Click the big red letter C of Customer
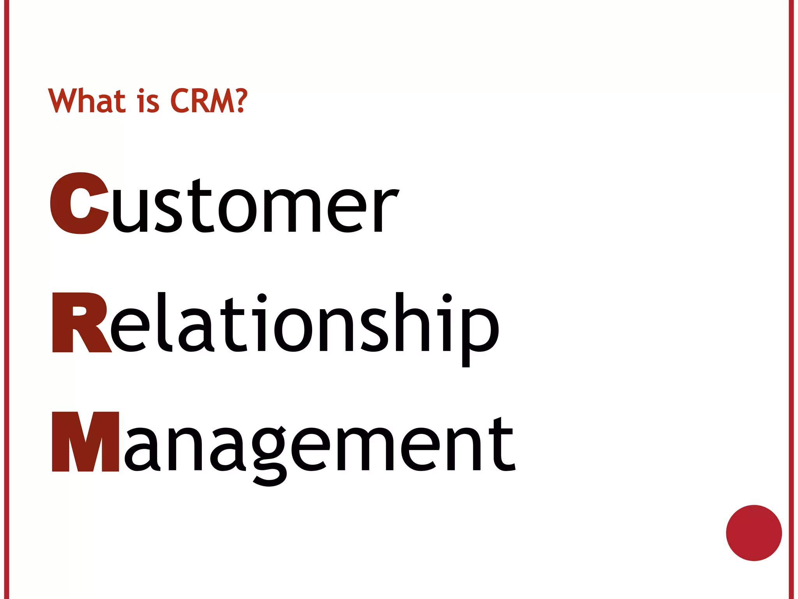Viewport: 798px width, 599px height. tap(79, 203)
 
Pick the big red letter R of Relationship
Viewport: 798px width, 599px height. tap(81, 322)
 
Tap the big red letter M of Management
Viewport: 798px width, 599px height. tap(85, 441)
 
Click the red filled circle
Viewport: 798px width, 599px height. tap(754, 533)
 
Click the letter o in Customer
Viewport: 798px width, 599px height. tap(237, 211)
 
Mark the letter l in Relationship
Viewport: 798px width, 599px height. tap(164, 322)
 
